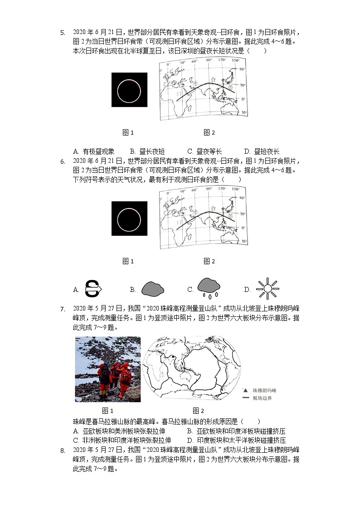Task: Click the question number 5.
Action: click(x=63, y=33)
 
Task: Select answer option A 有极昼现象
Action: click(x=94, y=151)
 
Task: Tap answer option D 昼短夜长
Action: click(x=262, y=151)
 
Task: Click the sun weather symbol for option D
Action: click(x=267, y=289)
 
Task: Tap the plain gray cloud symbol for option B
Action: click(x=153, y=289)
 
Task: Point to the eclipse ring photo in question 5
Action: click(x=129, y=90)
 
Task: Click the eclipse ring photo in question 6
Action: click(x=129, y=218)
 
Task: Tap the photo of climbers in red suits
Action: click(x=107, y=369)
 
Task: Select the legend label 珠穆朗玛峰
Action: click(x=265, y=390)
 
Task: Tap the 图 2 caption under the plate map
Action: click(x=198, y=411)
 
